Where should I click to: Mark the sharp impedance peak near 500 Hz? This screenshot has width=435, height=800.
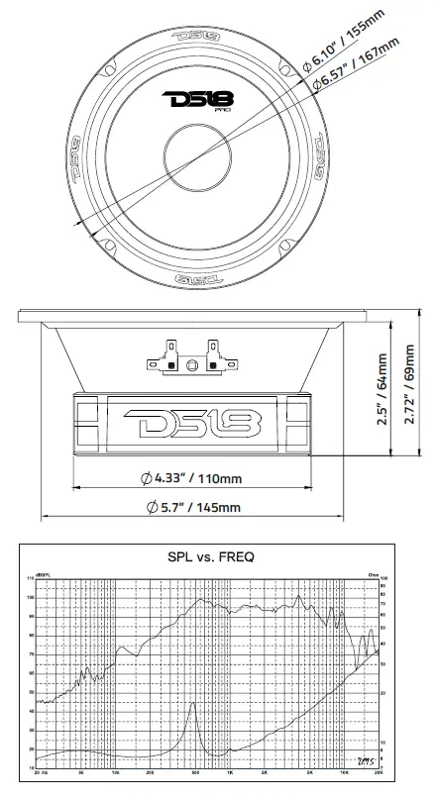(x=194, y=704)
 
